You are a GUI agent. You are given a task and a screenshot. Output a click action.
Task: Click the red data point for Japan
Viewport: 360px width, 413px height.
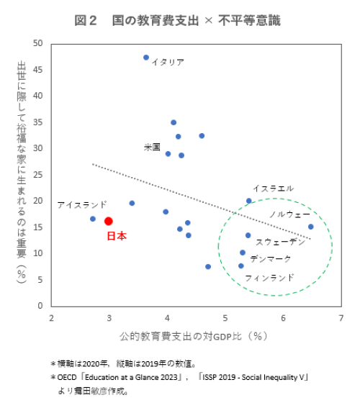pos(109,221)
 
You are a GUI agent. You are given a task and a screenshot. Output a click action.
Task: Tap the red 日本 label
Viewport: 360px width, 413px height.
pos(116,236)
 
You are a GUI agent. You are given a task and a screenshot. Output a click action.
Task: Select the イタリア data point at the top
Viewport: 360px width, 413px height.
pos(146,57)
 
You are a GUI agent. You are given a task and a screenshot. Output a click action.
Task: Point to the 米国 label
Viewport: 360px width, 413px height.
pos(152,147)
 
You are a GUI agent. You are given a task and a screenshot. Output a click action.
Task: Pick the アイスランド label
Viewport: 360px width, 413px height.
pos(82,204)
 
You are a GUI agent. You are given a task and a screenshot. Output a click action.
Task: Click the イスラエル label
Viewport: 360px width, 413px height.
pos(273,188)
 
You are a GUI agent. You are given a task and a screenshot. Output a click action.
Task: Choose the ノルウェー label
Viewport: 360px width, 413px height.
pos(289,214)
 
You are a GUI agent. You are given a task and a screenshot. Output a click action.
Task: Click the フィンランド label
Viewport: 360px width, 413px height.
pos(269,277)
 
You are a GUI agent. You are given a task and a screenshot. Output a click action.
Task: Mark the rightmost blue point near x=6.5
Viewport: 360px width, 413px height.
pos(310,227)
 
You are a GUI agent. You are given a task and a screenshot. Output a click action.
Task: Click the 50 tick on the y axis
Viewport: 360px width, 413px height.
pos(38,43)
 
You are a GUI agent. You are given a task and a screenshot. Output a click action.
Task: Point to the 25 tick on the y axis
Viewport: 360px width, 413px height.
pos(38,175)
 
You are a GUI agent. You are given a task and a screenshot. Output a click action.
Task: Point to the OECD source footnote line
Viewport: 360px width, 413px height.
pos(179,377)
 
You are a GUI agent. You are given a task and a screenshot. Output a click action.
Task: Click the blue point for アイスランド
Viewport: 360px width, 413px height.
pos(93,219)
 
